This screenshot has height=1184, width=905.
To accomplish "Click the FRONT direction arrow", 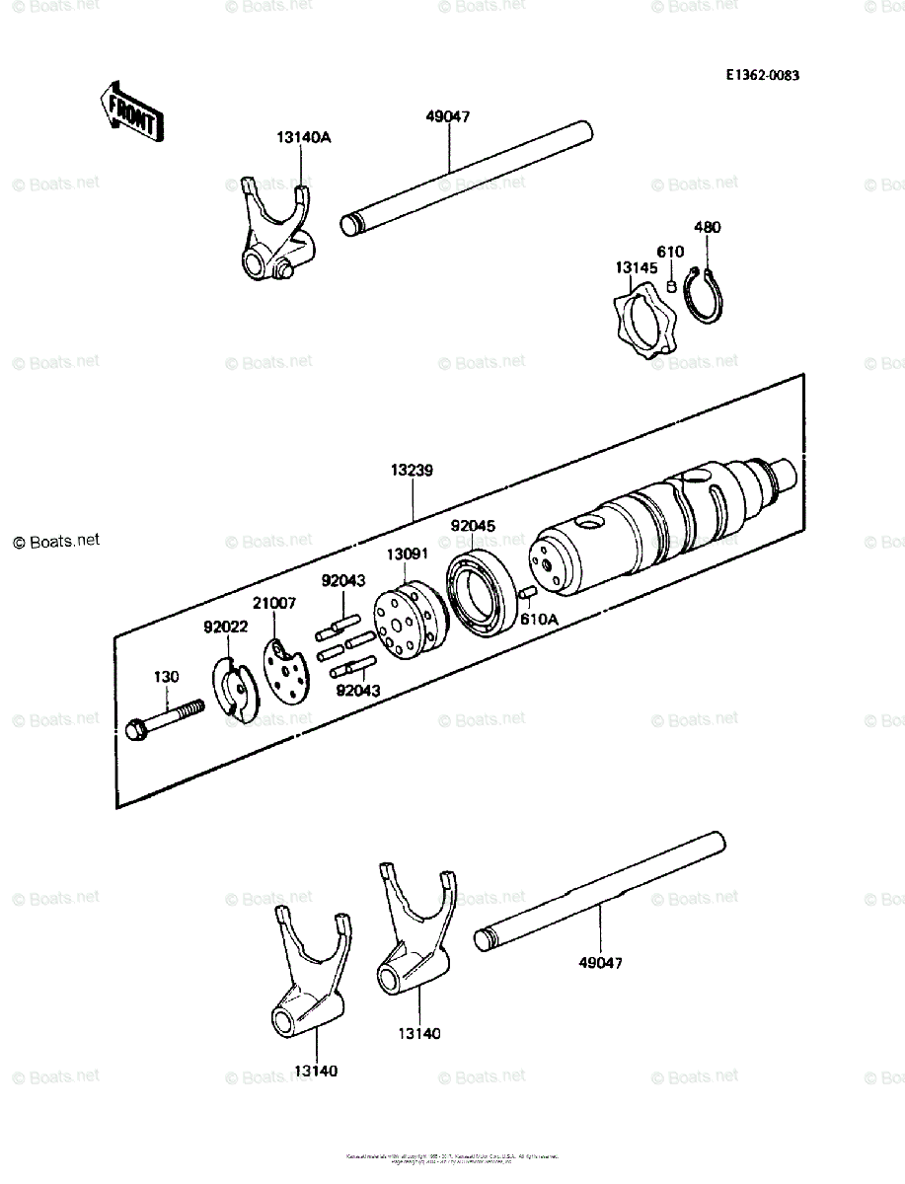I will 131,111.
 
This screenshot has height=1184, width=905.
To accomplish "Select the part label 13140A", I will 304,138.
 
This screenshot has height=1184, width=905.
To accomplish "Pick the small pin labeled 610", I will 669,286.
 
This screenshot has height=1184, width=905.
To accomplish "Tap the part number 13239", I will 411,474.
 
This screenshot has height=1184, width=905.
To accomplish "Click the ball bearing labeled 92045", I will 481,597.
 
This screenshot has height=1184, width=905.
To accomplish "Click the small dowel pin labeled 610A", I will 526,594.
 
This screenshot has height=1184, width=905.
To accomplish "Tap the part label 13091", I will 406,555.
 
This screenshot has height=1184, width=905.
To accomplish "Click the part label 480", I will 708,227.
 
